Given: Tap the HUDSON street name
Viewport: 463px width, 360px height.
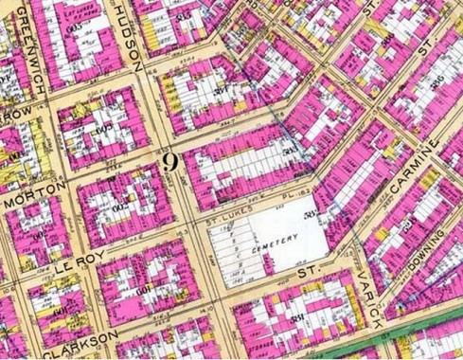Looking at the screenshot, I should click(x=130, y=43).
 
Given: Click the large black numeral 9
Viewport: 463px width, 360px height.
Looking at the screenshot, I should click(x=170, y=161).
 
